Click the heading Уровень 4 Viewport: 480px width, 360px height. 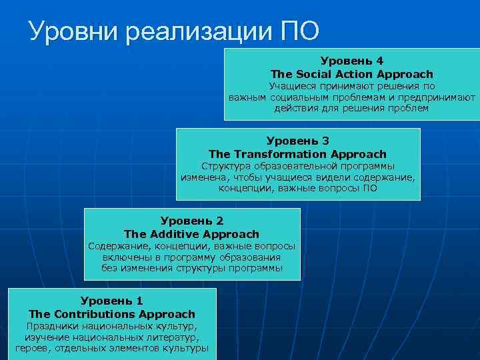pyautogui.click(x=351, y=61)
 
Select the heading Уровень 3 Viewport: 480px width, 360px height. pyautogui.click(x=298, y=141)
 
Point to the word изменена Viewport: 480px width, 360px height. pyautogui.click(x=201, y=177)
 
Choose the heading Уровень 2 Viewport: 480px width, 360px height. pyautogui.click(x=192, y=221)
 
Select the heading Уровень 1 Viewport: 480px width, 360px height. pyautogui.click(x=112, y=301)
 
